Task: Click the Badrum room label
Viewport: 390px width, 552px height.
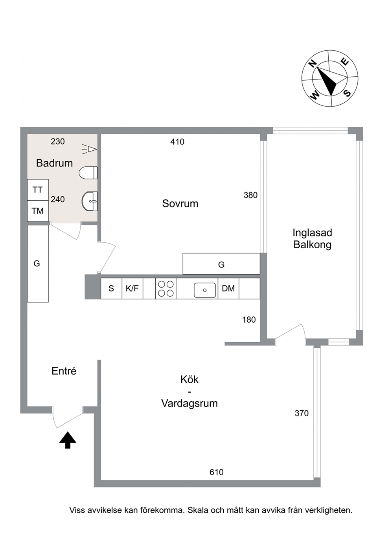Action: (x=54, y=163)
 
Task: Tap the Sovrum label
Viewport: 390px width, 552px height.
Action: (x=180, y=203)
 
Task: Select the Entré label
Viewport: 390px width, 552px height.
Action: (x=64, y=371)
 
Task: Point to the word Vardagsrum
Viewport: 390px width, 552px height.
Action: (x=189, y=403)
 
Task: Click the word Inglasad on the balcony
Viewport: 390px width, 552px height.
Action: (x=313, y=233)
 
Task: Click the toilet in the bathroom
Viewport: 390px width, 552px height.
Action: (x=88, y=173)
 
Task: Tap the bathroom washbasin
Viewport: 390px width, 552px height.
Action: (x=89, y=201)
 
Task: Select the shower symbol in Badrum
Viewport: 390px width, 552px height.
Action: (x=89, y=149)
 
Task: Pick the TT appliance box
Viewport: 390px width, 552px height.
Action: (x=38, y=190)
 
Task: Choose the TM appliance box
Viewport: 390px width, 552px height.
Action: (x=38, y=211)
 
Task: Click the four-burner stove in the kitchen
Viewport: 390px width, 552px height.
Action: (x=166, y=288)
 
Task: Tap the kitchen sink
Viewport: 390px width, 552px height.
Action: (x=204, y=290)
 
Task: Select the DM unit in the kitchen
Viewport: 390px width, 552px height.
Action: (x=228, y=288)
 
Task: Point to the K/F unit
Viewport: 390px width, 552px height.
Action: (x=132, y=288)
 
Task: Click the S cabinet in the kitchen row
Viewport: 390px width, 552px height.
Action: (x=111, y=288)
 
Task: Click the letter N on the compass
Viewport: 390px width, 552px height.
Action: (x=313, y=64)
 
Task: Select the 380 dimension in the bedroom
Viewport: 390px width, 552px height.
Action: (x=251, y=195)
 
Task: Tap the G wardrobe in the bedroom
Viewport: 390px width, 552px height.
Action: (x=221, y=264)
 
